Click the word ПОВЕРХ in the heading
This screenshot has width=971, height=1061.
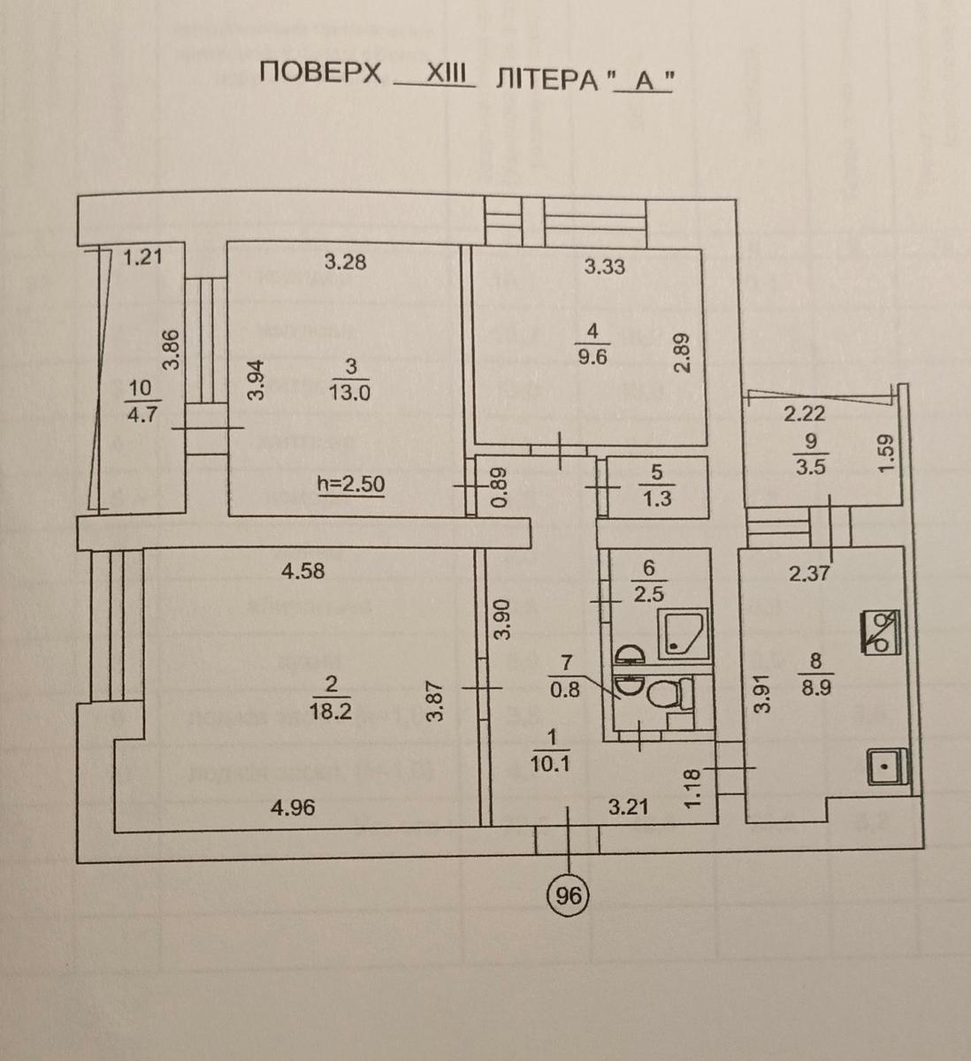pyautogui.click(x=321, y=74)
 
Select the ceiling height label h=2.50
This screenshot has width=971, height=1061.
pyautogui.click(x=351, y=485)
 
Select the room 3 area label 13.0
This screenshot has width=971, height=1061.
pyautogui.click(x=349, y=394)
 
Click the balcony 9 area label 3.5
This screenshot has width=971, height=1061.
pyautogui.click(x=810, y=467)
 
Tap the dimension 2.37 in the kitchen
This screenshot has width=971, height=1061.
pyautogui.click(x=808, y=573)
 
